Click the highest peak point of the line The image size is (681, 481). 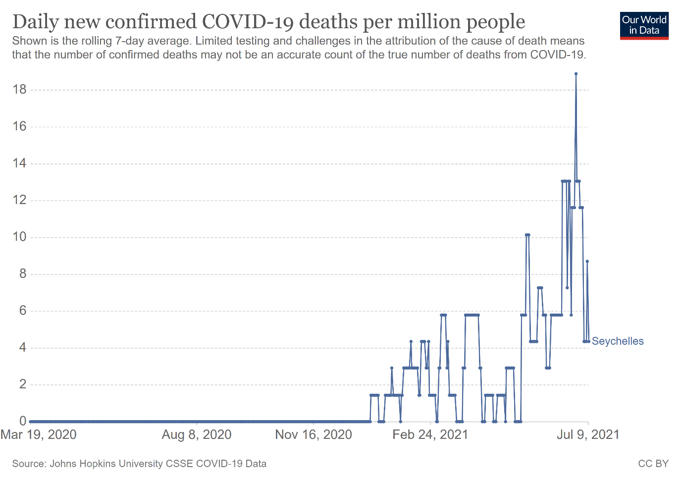click(576, 74)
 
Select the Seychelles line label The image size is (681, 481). click(618, 341)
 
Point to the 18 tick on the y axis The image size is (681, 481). click(20, 90)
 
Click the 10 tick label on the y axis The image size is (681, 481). click(20, 237)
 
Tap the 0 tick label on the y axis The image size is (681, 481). click(23, 421)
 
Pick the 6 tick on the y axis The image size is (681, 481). click(23, 311)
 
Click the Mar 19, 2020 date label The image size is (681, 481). click(39, 435)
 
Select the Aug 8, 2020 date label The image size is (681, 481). click(197, 435)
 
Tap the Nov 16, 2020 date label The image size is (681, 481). click(314, 435)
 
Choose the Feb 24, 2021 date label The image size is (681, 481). click(430, 435)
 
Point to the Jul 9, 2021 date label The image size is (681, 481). click(588, 435)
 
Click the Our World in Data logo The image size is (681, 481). click(644, 26)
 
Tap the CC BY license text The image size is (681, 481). click(653, 464)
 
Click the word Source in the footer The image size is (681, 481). click(28, 464)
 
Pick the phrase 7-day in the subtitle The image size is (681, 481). click(128, 41)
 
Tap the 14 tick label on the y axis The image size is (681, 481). click(20, 163)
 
